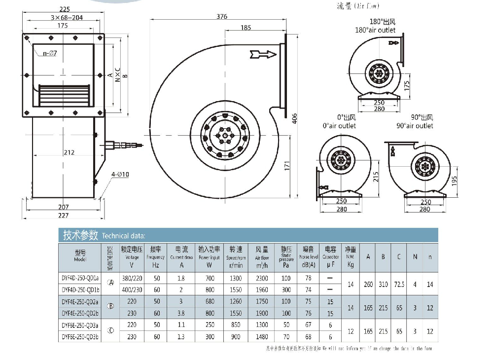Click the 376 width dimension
[x=222, y=16]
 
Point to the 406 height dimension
[x=295, y=119]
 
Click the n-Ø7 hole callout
[x=50, y=53]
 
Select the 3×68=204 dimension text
[x=62, y=17]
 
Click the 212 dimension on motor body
[x=69, y=152]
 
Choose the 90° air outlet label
[x=415, y=126]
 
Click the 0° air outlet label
[x=339, y=126]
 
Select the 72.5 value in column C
[x=399, y=285]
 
